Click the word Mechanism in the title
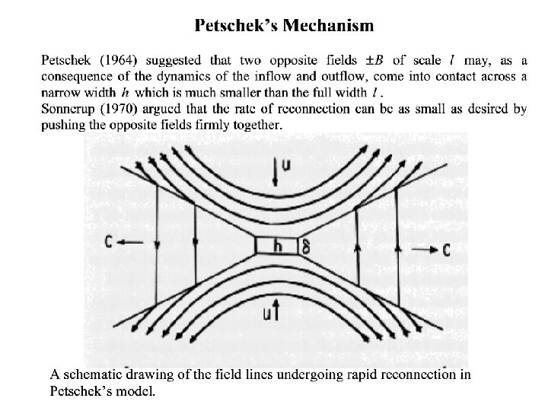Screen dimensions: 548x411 [329, 27]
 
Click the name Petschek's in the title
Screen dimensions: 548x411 [235, 27]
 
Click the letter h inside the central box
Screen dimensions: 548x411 [277, 244]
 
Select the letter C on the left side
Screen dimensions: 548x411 [110, 244]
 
